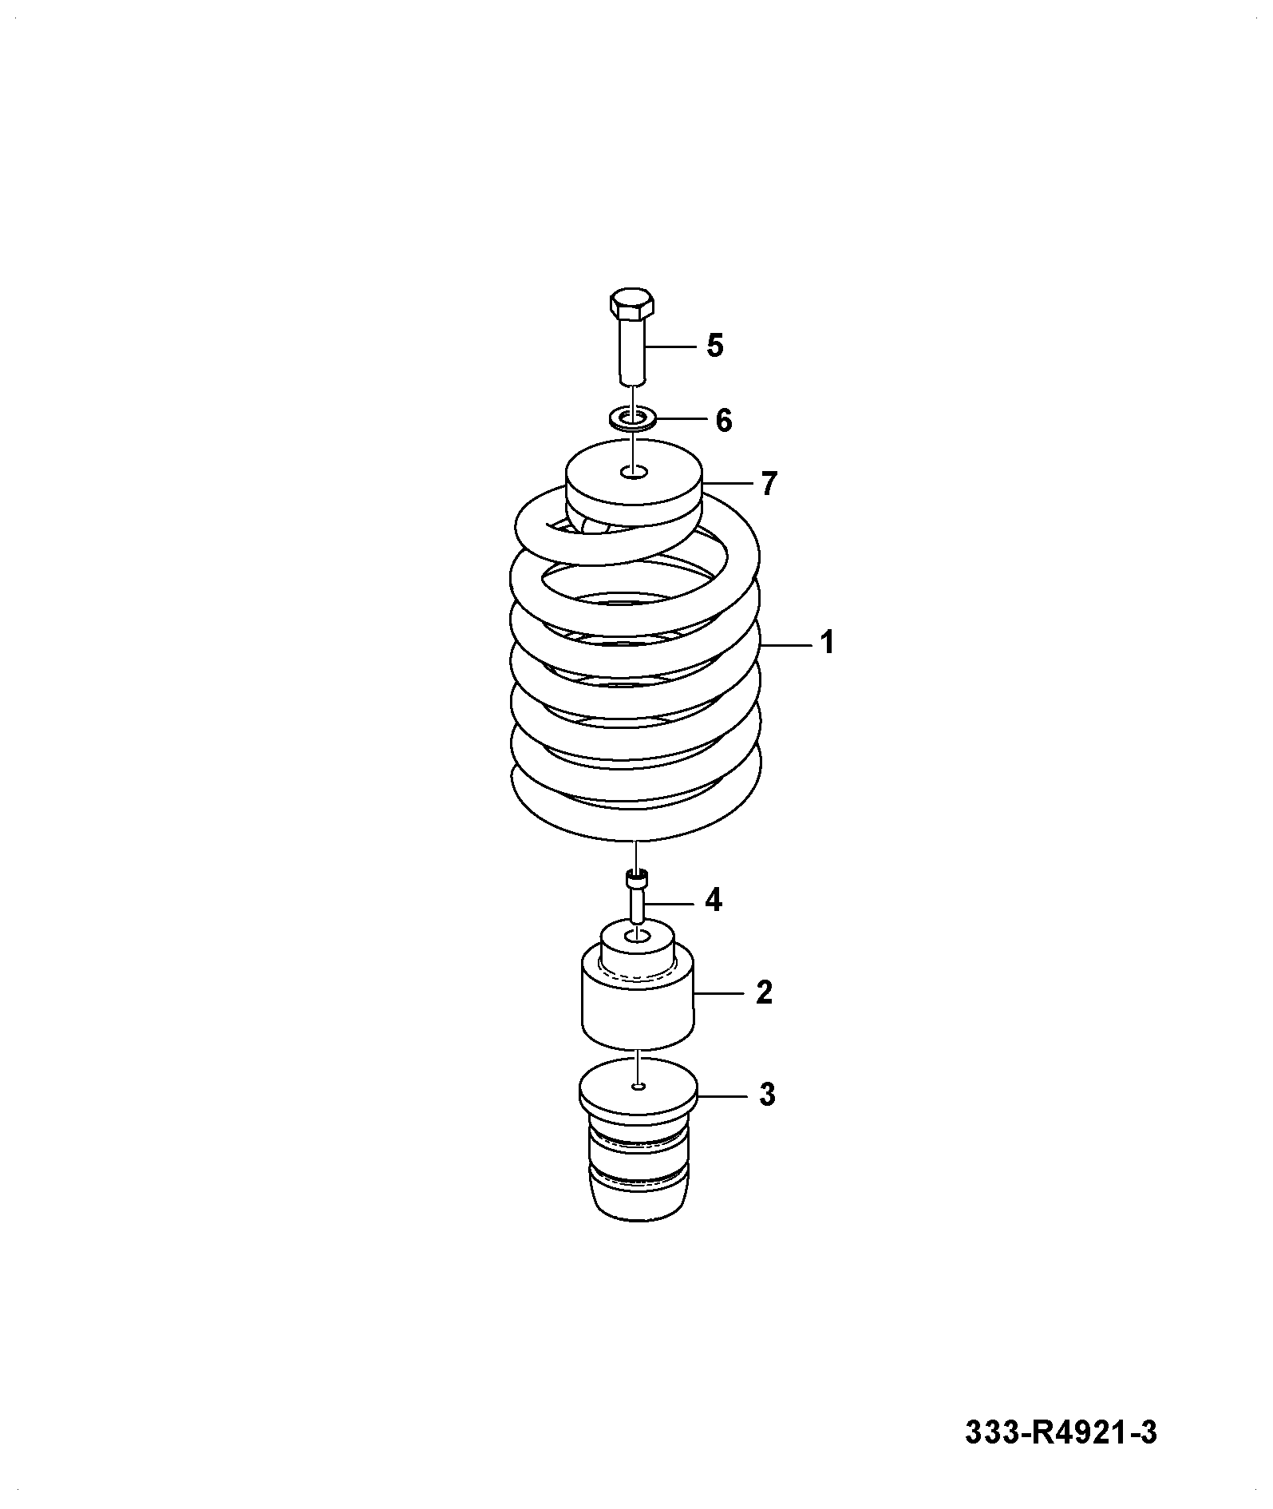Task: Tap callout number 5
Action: [x=714, y=347]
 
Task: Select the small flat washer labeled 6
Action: [x=632, y=418]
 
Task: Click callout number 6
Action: [x=723, y=420]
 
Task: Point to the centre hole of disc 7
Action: [x=634, y=473]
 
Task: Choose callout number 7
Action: [x=768, y=484]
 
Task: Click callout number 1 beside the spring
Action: [x=828, y=642]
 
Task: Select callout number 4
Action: [x=713, y=901]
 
